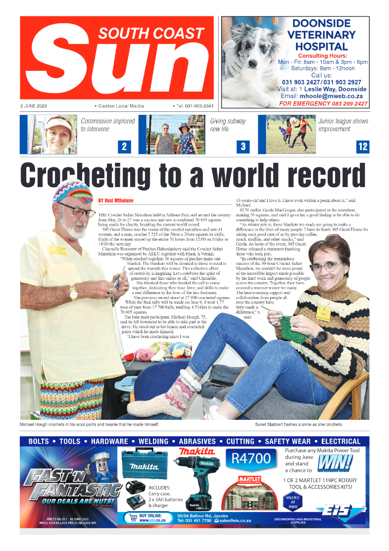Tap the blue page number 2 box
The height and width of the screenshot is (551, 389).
pos(124,147)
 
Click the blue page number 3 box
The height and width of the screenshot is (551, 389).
pos(243,147)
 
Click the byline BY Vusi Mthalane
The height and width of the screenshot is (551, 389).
pos(116,200)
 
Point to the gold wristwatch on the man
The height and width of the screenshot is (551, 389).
pos(73,293)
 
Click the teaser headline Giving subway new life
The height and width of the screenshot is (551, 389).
pos(228,125)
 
